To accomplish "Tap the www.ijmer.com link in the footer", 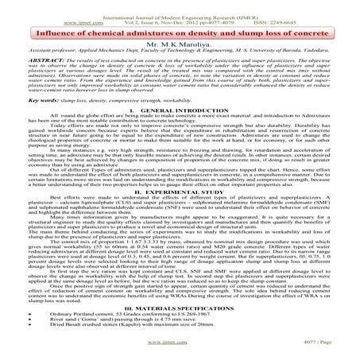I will point(180,347).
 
